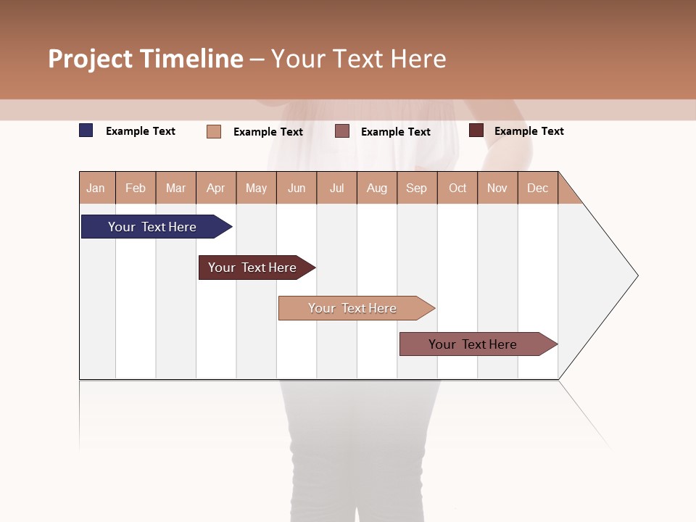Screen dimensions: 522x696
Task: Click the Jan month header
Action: (x=96, y=188)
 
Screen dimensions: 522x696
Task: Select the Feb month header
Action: (x=136, y=188)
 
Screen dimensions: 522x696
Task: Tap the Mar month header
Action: (x=175, y=188)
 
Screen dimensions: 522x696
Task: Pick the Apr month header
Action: (x=216, y=188)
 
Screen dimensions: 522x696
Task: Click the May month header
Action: (x=256, y=188)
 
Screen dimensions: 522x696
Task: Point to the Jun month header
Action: (x=297, y=188)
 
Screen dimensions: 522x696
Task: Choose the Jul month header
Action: (x=336, y=188)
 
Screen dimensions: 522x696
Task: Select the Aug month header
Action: (x=377, y=188)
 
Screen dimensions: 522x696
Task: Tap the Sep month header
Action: (x=417, y=188)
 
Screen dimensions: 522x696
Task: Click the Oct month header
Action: (x=457, y=188)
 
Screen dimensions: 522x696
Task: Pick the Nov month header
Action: (x=497, y=188)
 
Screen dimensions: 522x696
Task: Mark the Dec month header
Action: (x=538, y=188)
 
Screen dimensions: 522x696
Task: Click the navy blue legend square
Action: (x=86, y=130)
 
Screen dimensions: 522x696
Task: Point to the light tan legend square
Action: (x=214, y=131)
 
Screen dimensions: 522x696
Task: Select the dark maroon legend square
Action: (x=476, y=130)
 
